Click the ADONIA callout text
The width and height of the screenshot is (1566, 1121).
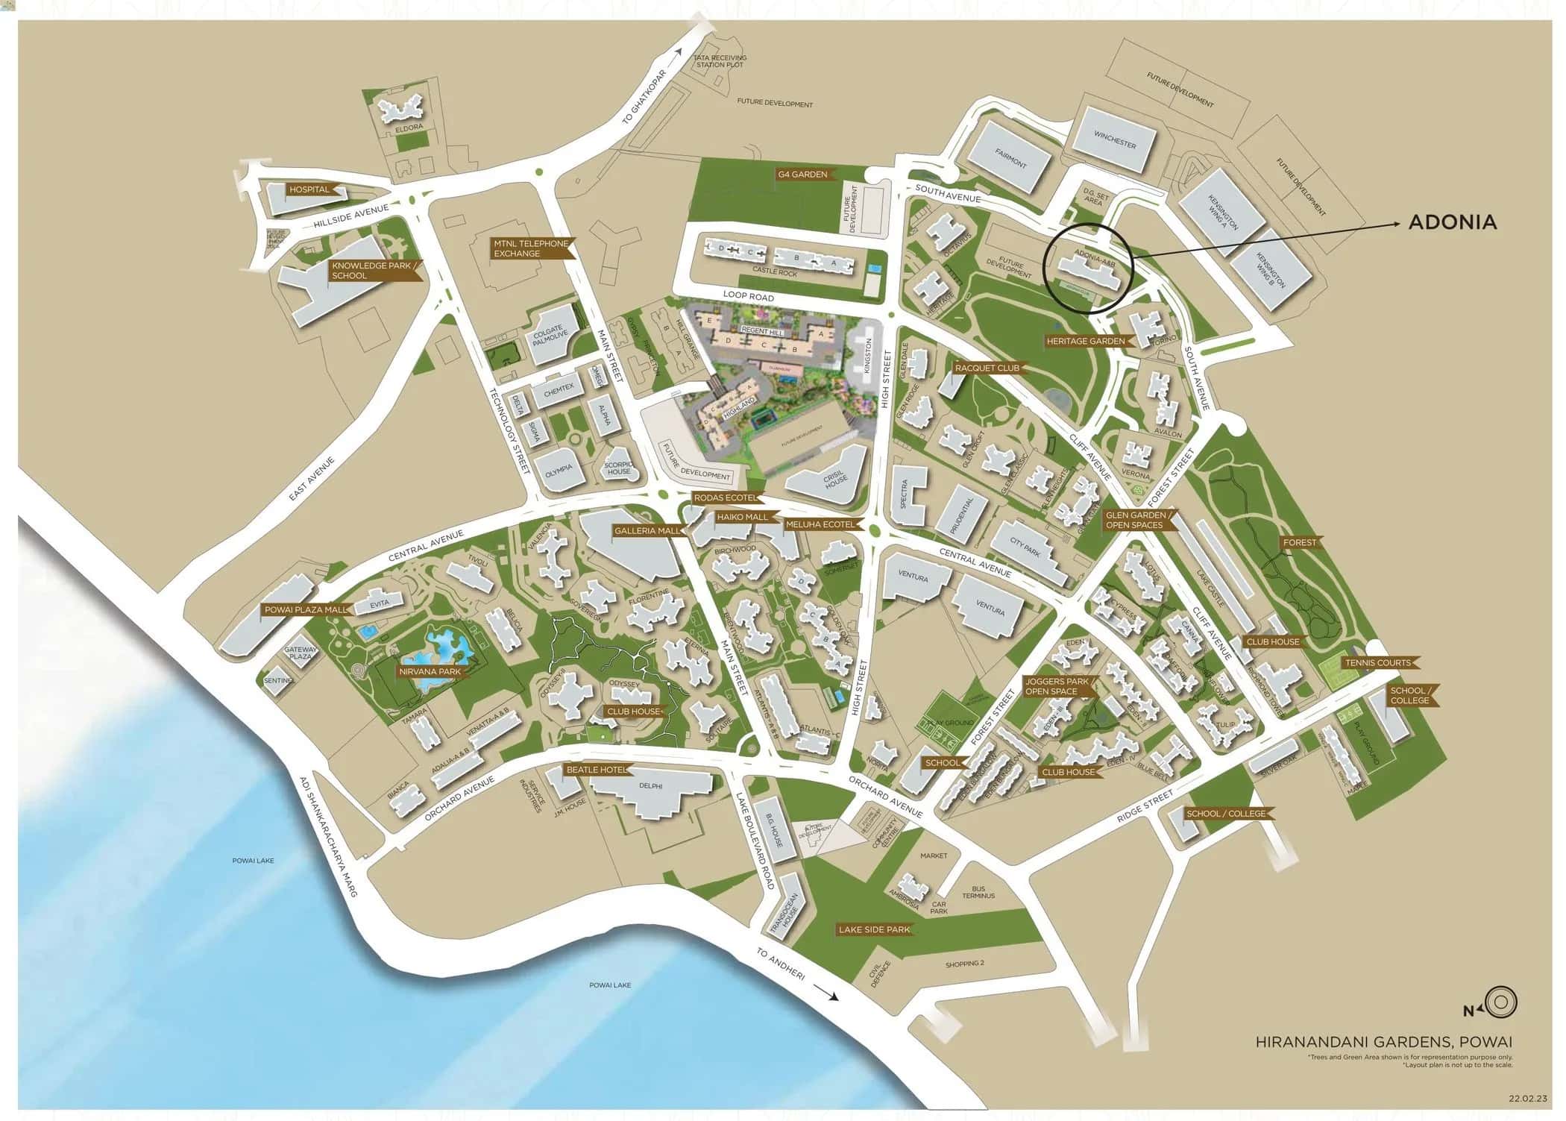(x=1451, y=222)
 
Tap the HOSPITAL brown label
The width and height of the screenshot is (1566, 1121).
(x=309, y=189)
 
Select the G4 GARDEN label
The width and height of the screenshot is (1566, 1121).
(x=802, y=175)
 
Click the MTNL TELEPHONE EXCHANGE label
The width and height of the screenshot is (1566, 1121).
(x=530, y=248)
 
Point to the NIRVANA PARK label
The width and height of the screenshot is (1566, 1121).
(x=430, y=671)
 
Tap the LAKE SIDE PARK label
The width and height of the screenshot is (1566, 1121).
(x=874, y=929)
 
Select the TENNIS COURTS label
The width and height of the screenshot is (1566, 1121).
(x=1377, y=662)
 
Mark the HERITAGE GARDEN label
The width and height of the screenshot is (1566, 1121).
(x=1085, y=341)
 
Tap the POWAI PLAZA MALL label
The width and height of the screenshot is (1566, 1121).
(x=305, y=609)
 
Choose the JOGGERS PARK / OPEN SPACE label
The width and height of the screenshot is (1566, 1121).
(x=1057, y=686)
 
